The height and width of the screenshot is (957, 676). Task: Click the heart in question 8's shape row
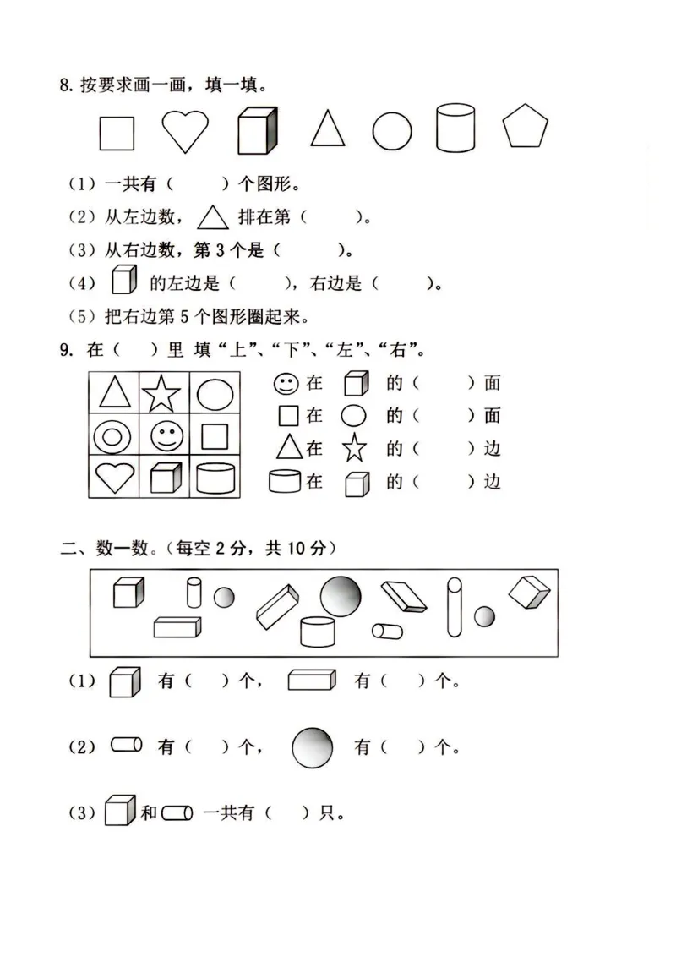point(185,131)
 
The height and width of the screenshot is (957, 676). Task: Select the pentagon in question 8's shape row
point(526,129)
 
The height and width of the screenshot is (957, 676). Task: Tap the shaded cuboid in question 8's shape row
point(257,131)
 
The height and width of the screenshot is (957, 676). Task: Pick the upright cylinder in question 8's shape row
point(457,129)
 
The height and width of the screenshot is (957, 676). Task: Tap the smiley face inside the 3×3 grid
point(165,436)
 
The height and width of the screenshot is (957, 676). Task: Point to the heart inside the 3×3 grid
point(112,478)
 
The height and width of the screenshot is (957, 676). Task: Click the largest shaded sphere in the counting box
point(340,595)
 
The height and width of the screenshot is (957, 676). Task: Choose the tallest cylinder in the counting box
point(455,606)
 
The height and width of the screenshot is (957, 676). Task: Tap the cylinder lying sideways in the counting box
point(388,631)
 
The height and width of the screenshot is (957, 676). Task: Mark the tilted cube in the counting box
point(530,593)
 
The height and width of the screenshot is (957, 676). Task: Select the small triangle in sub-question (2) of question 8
point(212,218)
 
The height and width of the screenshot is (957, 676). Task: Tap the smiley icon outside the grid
point(285,384)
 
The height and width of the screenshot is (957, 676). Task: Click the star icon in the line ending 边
point(354,448)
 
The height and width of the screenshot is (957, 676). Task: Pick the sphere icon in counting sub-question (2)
point(312,746)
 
